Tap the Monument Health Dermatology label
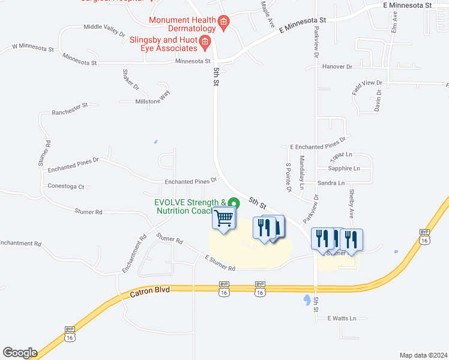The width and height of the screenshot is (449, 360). click(x=182, y=24)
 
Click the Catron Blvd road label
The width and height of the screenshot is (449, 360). click(x=150, y=291)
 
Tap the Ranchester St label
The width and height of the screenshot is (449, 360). click(x=70, y=109)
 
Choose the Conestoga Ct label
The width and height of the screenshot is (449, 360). click(x=65, y=187)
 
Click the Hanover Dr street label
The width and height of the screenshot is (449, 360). click(x=337, y=67)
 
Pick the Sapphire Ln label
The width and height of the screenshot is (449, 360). click(x=345, y=169)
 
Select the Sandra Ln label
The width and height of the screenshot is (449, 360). click(x=331, y=183)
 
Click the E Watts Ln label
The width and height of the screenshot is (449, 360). click(x=342, y=318)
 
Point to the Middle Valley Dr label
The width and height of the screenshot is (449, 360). click(x=104, y=27)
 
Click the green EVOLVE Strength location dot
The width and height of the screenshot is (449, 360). click(x=235, y=203)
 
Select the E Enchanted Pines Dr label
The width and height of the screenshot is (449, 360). click(x=318, y=142)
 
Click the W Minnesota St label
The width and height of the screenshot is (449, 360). click(x=33, y=46)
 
